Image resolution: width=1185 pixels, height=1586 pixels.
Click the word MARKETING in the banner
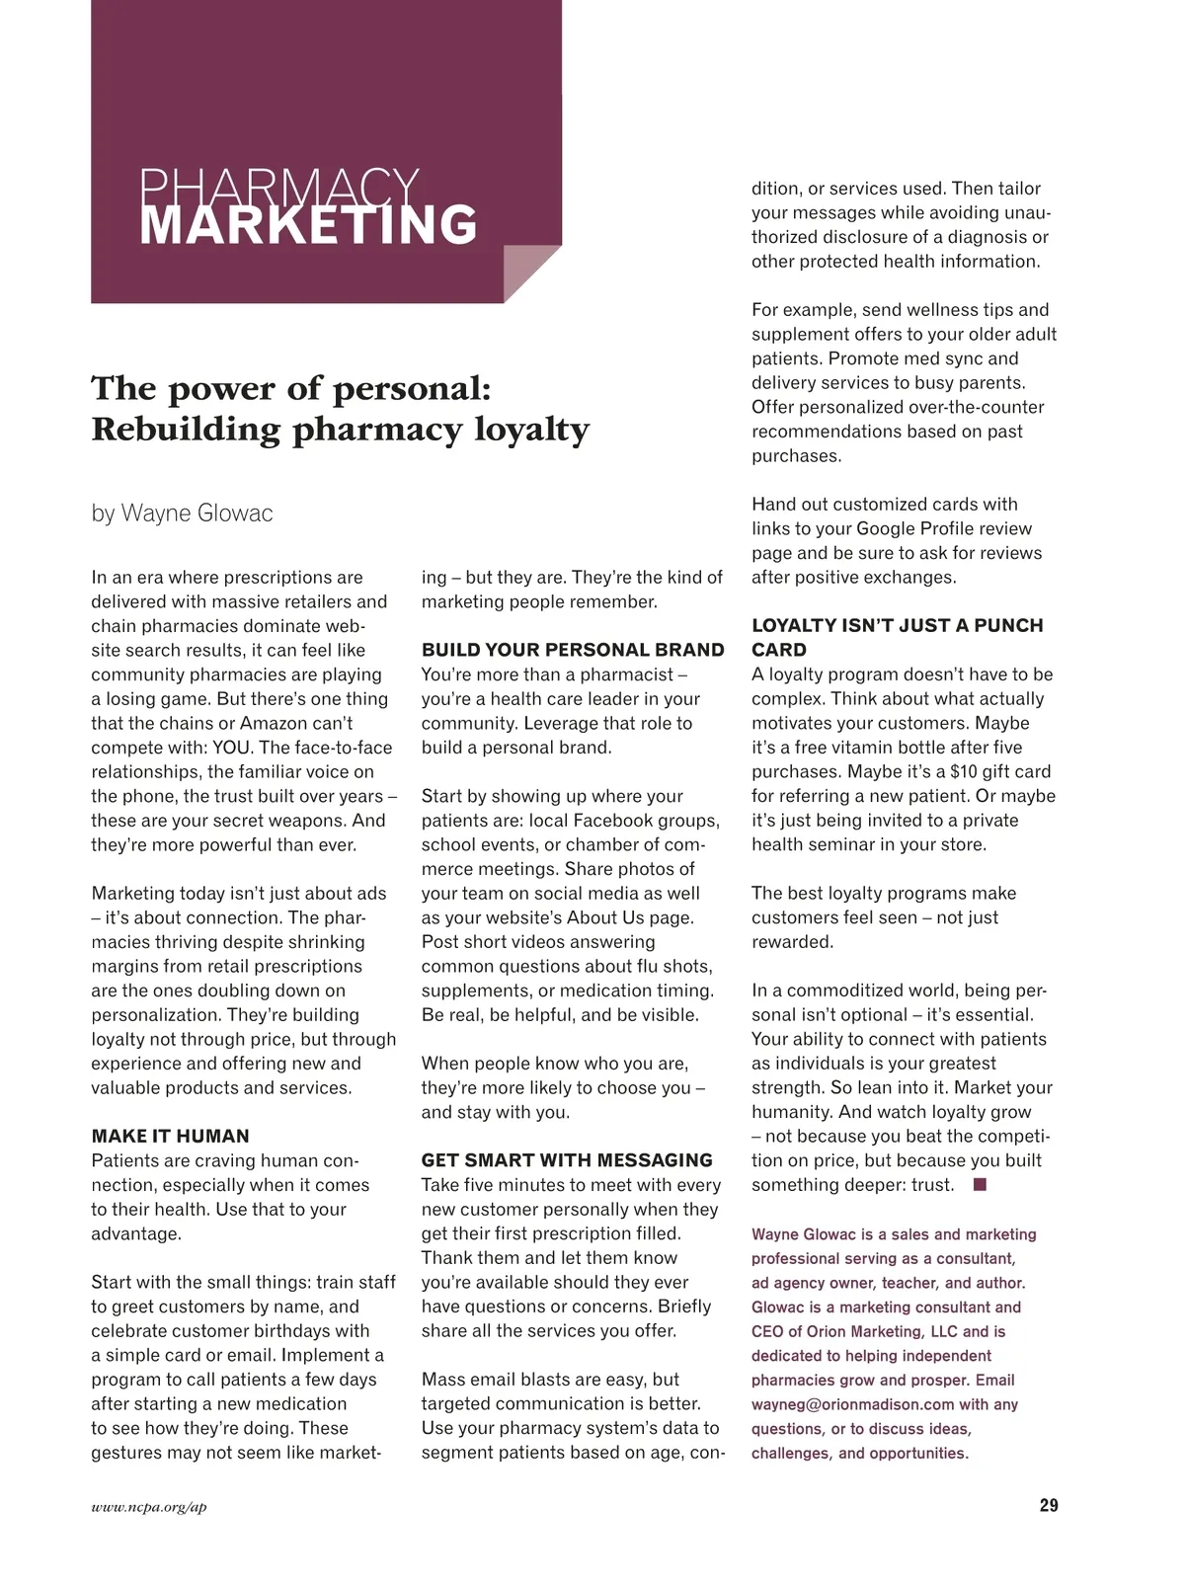pos(308,225)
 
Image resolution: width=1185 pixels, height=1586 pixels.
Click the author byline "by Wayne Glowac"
pos(182,514)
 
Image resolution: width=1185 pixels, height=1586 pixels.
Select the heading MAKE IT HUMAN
pos(170,1136)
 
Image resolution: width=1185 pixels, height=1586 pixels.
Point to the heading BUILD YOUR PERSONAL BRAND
pos(573,650)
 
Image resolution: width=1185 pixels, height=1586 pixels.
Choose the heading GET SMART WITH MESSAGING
pos(567,1160)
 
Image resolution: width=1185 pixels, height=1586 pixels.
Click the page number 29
pos(1048,1505)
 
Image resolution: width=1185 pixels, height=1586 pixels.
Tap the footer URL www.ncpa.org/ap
pos(149,1507)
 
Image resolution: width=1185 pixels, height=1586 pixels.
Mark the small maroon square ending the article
pos(980,1184)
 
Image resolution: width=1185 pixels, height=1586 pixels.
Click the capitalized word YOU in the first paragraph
pos(232,748)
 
